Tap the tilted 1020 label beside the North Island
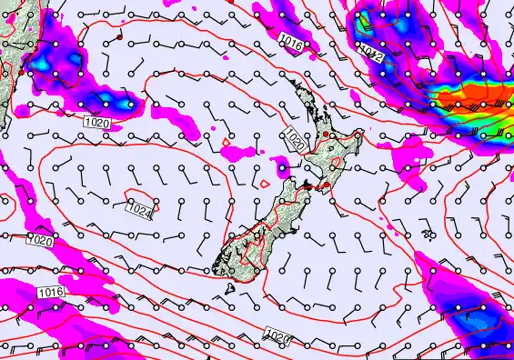tap(294, 140)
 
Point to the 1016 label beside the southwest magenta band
tap(51, 292)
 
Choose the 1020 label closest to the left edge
tap(38, 241)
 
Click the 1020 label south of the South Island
tap(277, 337)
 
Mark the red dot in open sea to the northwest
tap(119, 39)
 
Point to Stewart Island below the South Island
tap(231, 288)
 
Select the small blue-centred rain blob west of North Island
tap(284, 167)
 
